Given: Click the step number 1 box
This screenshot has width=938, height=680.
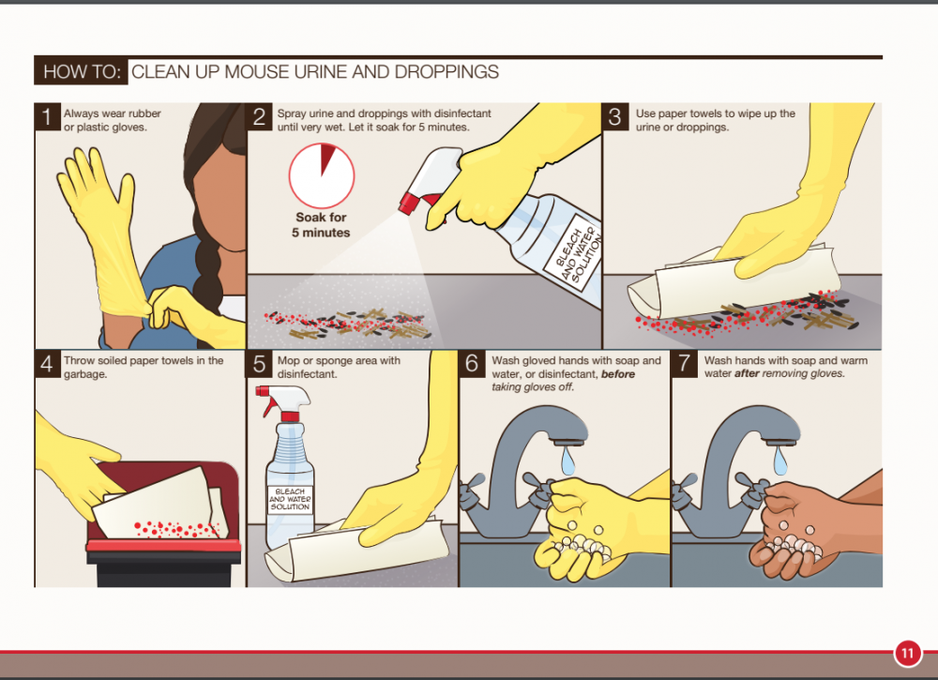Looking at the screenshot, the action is [x=47, y=116].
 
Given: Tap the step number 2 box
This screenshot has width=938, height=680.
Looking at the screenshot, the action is [x=260, y=116].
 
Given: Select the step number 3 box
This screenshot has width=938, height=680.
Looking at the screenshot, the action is [x=615, y=116].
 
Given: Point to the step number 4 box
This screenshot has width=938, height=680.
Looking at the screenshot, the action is [x=47, y=364].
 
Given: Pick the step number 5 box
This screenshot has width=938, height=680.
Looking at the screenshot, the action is [x=260, y=364].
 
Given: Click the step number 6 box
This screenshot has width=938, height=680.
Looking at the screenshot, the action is [x=472, y=364].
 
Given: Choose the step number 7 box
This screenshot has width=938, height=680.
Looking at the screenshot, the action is [x=685, y=364].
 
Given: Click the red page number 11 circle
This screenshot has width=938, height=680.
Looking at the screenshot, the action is [x=907, y=653].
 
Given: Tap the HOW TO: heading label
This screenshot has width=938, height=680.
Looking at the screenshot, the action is [x=82, y=72].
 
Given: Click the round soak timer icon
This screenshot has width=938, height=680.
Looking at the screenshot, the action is [x=322, y=175].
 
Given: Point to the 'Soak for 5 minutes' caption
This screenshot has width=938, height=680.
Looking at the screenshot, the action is [x=321, y=225].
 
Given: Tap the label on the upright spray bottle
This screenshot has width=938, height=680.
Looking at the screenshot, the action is [x=290, y=499].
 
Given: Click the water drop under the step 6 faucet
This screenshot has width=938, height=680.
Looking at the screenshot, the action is [x=568, y=461].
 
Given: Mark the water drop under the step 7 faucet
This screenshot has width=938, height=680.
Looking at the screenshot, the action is [x=780, y=461].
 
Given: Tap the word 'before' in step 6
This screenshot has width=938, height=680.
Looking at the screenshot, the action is [x=618, y=374].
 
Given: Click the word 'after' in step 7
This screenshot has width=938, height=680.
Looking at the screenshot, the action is [x=748, y=374].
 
